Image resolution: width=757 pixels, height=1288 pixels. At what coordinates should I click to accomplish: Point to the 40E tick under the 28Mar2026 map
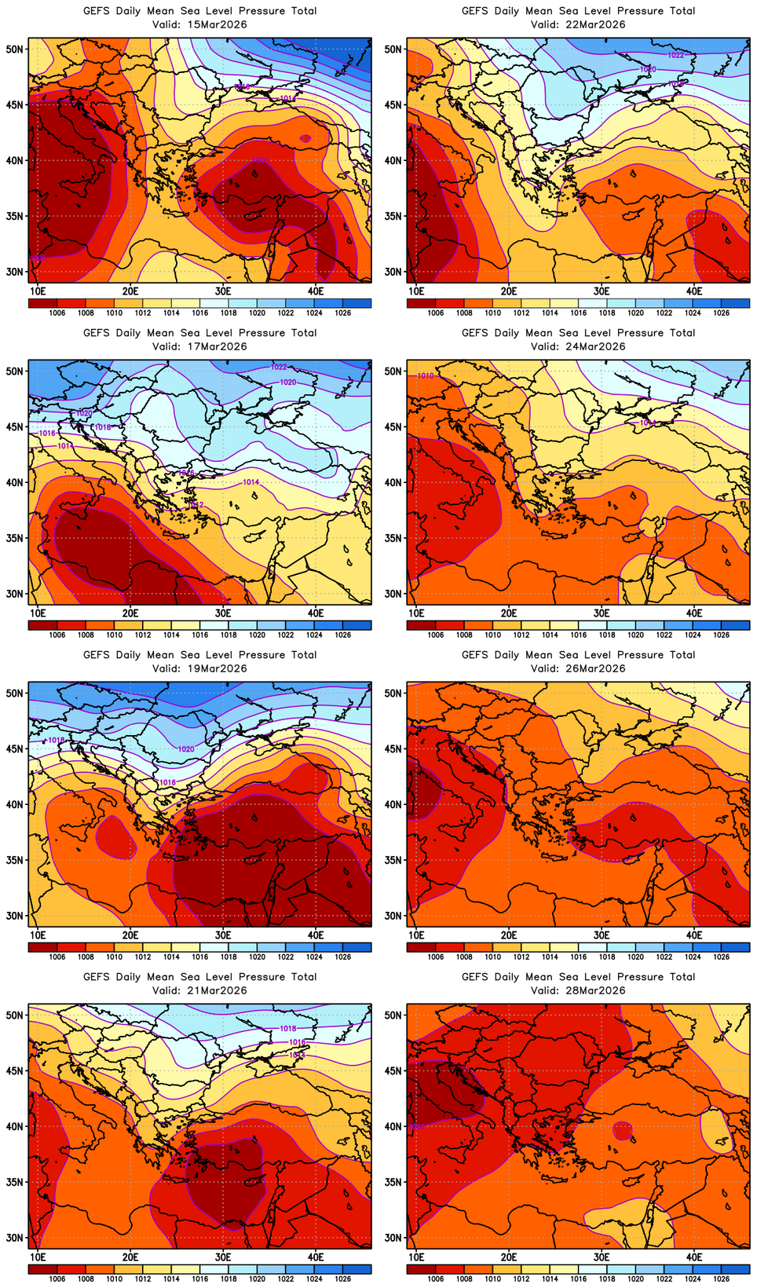[694, 1257]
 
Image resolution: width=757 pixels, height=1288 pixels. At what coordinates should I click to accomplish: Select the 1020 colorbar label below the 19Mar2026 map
[257, 957]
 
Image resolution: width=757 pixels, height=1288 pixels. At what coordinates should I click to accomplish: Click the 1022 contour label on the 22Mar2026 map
[675, 55]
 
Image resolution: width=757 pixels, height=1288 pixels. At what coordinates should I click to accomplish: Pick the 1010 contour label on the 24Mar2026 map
[425, 376]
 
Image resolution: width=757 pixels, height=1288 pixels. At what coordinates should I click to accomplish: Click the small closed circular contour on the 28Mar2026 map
[622, 1130]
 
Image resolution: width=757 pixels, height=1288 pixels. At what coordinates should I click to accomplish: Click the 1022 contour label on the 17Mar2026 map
[279, 367]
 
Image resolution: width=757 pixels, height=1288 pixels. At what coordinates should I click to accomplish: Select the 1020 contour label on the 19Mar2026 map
[186, 749]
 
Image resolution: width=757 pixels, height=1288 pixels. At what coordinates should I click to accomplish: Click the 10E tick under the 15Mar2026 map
[38, 291]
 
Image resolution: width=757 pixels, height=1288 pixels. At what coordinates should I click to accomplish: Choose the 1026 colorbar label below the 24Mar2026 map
[721, 635]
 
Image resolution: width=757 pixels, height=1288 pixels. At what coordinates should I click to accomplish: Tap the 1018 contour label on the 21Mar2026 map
[288, 1028]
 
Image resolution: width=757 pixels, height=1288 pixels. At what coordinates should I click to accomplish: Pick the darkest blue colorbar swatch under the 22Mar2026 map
[735, 302]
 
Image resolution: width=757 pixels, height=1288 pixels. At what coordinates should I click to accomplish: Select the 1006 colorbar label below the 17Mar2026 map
[57, 635]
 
